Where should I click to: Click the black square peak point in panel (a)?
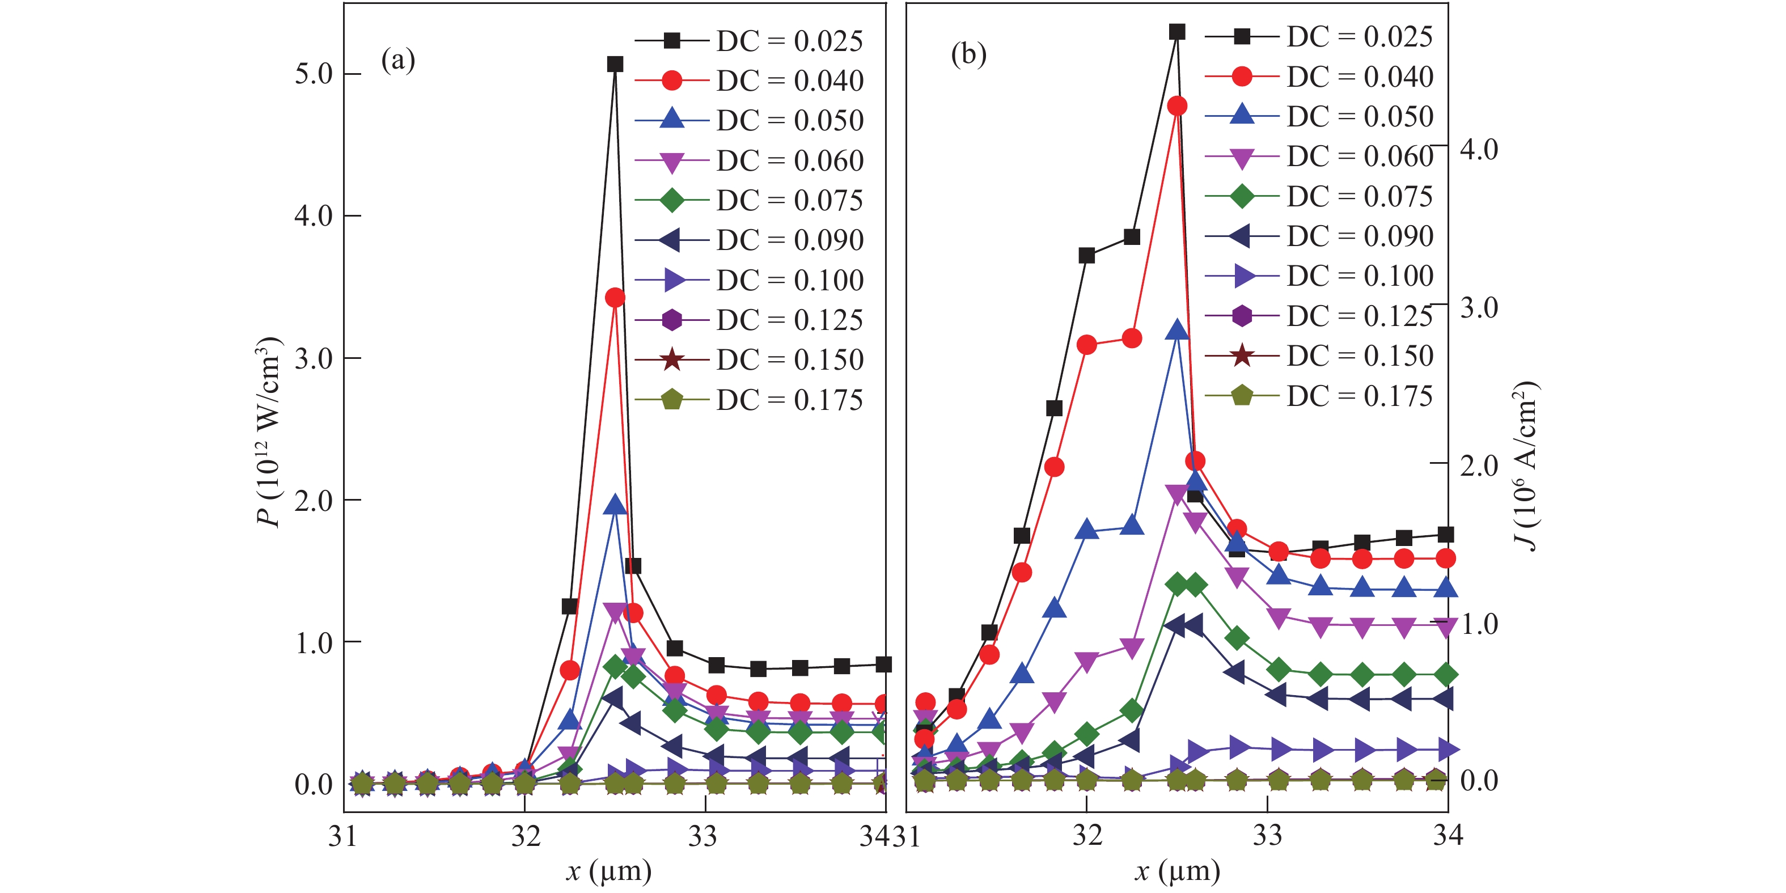click(x=614, y=64)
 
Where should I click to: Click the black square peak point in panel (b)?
click(x=1176, y=32)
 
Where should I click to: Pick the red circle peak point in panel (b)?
click(x=1176, y=106)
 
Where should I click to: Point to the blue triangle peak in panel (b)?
click(x=1176, y=330)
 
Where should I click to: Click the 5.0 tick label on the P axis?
click(x=314, y=74)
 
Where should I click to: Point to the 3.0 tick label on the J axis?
click(x=1479, y=307)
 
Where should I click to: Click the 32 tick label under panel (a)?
click(x=526, y=837)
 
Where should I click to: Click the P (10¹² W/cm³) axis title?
click(x=269, y=433)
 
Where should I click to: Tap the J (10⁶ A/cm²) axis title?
click(x=1525, y=466)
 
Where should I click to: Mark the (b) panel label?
click(x=968, y=54)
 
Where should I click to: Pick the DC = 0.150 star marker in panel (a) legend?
click(x=671, y=360)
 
